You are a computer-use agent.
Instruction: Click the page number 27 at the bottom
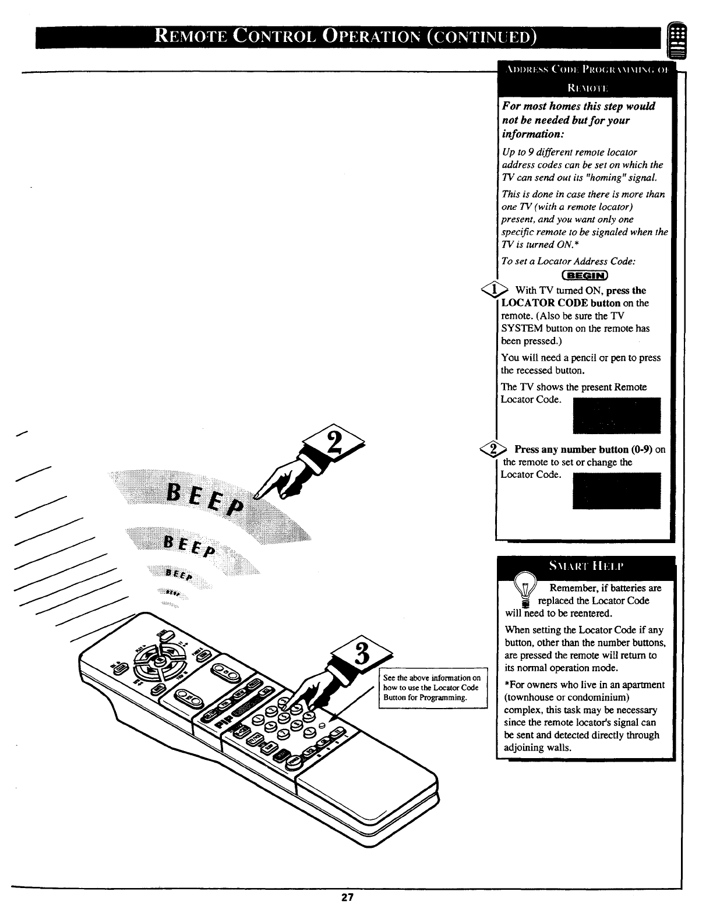pyautogui.click(x=348, y=913)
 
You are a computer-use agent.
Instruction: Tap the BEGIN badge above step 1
pyautogui.click(x=584, y=276)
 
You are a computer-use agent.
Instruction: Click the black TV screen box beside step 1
pyautogui.click(x=617, y=415)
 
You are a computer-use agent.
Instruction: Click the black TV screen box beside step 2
pyautogui.click(x=617, y=490)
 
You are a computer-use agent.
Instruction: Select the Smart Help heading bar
pyautogui.click(x=585, y=566)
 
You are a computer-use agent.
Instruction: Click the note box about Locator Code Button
pyautogui.click(x=432, y=688)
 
